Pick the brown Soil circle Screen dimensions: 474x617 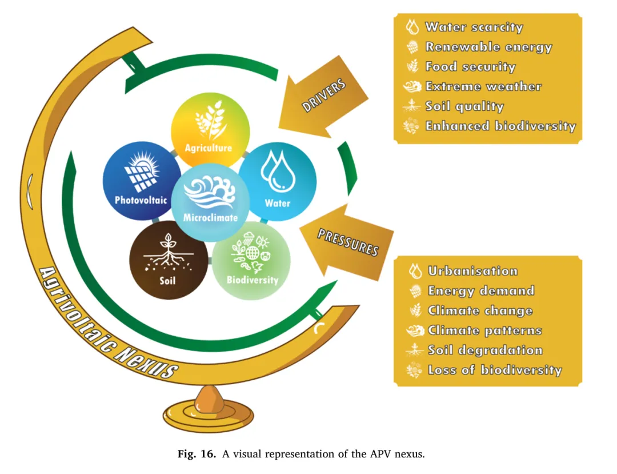click(169, 261)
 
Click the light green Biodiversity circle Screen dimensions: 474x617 click(251, 261)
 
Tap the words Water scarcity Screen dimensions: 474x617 click(474, 27)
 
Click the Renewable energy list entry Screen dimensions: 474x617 click(488, 47)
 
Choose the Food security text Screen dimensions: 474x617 click(470, 67)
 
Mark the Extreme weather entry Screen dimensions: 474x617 click(483, 87)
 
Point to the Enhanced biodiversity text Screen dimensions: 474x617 click(500, 126)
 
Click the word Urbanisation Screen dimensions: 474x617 click(472, 271)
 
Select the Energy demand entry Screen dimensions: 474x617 click(481, 291)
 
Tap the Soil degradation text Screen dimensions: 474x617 click(485, 350)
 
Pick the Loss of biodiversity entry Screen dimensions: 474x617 click(495, 370)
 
